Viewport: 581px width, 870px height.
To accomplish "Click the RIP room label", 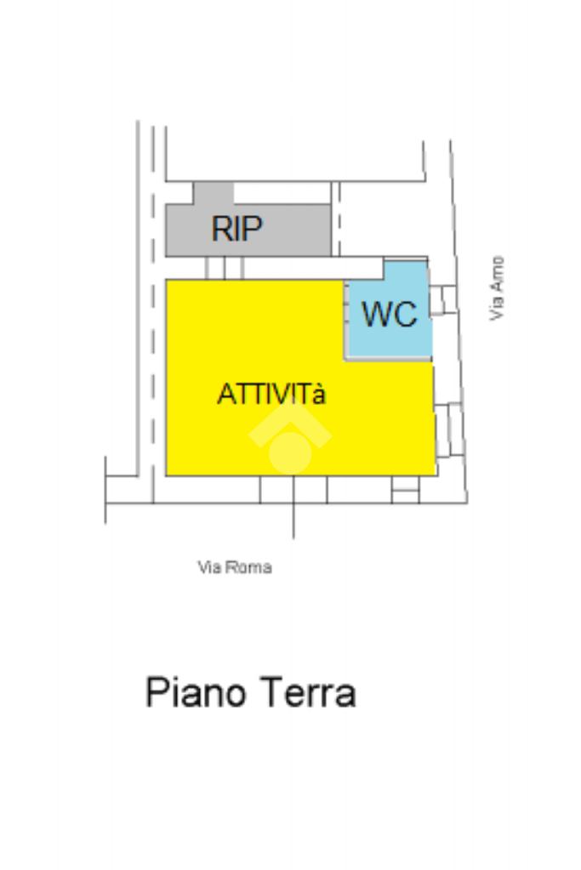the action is click(236, 228).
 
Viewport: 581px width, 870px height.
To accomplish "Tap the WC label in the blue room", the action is click(390, 314).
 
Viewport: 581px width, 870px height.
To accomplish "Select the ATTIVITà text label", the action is click(271, 395).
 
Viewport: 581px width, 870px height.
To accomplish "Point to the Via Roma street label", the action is click(234, 567).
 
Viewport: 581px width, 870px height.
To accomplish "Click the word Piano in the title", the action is click(195, 692).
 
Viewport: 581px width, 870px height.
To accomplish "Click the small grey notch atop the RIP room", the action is click(213, 192).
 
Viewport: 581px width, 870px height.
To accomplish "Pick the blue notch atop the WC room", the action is click(405, 270).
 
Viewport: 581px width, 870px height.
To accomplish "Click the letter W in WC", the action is click(378, 314).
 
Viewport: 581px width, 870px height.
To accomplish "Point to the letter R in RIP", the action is click(220, 228).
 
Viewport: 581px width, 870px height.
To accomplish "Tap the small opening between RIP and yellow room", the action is click(224, 267).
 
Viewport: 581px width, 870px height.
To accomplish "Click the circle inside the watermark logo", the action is click(289, 448).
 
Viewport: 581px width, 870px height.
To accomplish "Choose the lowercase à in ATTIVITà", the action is click(320, 396).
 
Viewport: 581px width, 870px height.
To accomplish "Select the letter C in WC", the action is click(405, 314).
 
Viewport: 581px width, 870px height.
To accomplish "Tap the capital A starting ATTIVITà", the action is click(225, 395).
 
